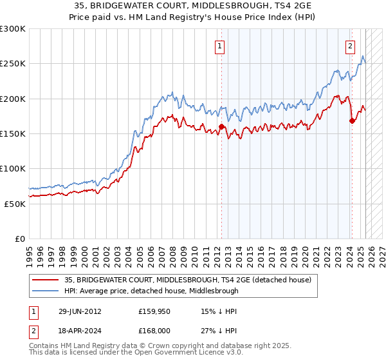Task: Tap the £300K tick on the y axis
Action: pyautogui.click(x=13, y=29)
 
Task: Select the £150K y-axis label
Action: pyautogui.click(x=13, y=134)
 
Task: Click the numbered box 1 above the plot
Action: pyautogui.click(x=220, y=46)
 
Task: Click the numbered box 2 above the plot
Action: pyautogui.click(x=351, y=46)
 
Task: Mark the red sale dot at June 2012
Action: pyautogui.click(x=221, y=127)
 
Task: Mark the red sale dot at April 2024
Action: pyautogui.click(x=352, y=121)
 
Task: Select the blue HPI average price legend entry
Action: pyautogui.click(x=151, y=291)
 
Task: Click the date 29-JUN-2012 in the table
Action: pyautogui.click(x=75, y=311)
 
